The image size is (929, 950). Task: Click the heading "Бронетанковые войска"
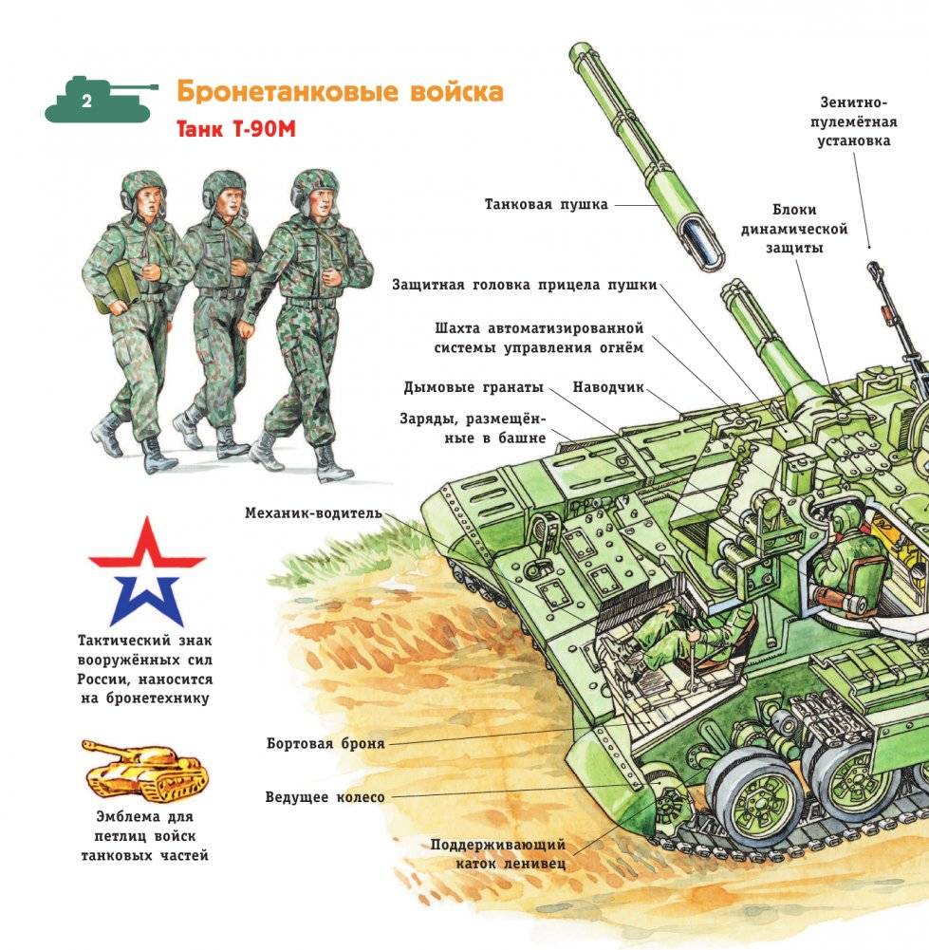(x=339, y=93)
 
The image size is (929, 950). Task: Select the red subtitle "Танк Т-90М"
(x=236, y=130)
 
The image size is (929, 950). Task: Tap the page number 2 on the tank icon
(x=86, y=102)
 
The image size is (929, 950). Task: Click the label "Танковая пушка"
(x=546, y=204)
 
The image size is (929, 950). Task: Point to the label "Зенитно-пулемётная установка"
(x=855, y=121)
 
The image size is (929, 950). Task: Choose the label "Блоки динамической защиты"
(x=793, y=228)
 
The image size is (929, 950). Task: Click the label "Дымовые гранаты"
(x=474, y=387)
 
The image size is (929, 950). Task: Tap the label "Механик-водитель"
(x=313, y=513)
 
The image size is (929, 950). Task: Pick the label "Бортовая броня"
(x=325, y=743)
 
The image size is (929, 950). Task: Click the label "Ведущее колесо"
(x=325, y=797)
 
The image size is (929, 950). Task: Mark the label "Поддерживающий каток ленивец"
(x=497, y=853)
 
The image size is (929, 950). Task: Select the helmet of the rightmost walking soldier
(x=314, y=182)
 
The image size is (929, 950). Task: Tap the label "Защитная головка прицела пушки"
(x=524, y=286)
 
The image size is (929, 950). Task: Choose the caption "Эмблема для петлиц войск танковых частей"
(x=145, y=835)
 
